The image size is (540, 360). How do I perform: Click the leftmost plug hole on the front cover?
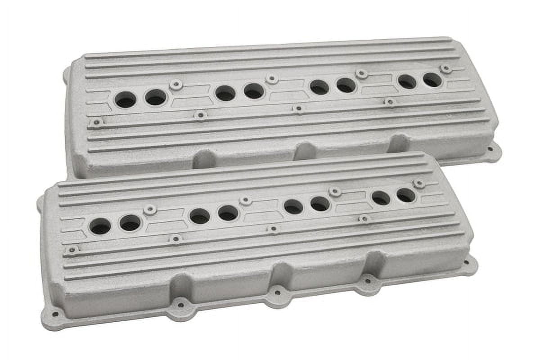pos(100,226)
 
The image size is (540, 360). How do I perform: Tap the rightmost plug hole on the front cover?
pos(405,195)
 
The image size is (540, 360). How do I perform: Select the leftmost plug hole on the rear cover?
pos(125,99)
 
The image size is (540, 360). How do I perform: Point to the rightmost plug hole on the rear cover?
pos(432,80)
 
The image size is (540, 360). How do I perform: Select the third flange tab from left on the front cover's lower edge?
pos(277,293)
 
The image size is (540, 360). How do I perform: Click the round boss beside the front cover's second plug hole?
pos(150,209)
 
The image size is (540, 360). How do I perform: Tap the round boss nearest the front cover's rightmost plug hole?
pos(419,184)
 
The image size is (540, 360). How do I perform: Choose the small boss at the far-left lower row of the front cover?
pos(71,249)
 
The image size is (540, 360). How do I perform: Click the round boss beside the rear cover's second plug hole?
pos(176,84)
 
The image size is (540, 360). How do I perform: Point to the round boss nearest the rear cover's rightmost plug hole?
pos(446,69)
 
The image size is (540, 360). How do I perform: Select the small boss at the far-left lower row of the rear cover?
pos(96,122)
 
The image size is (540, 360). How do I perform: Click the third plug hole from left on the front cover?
pos(199,216)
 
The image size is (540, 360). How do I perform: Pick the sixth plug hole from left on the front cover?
pos(319,204)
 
